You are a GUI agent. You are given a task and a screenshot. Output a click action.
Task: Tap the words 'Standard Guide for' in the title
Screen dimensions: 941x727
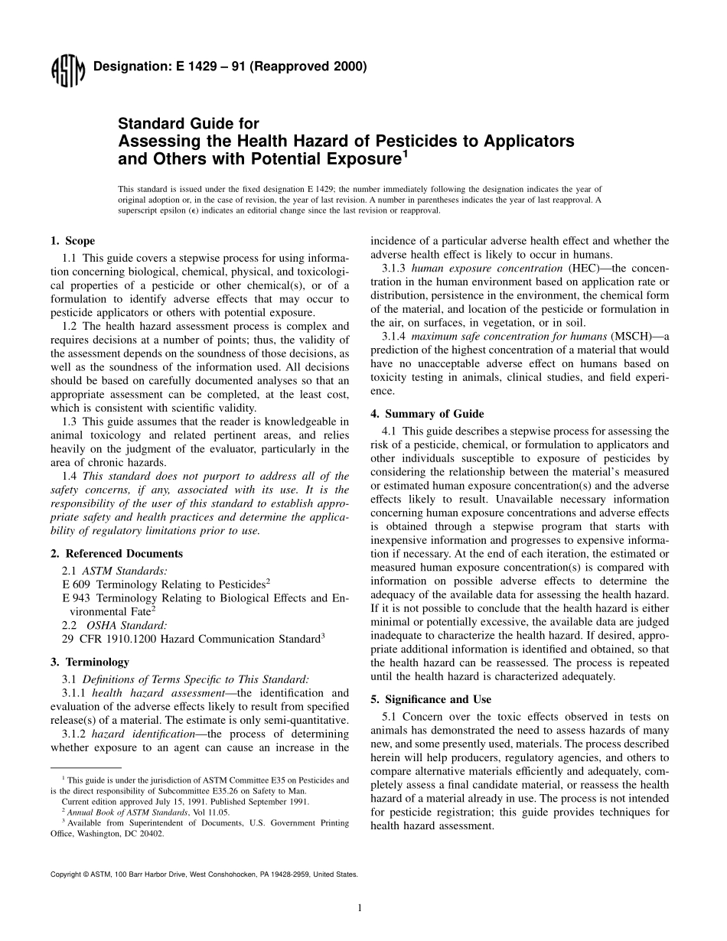pyautogui.click(x=187, y=124)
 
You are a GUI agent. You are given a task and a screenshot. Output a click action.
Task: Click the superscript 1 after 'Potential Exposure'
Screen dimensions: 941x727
pyautogui.click(x=406, y=154)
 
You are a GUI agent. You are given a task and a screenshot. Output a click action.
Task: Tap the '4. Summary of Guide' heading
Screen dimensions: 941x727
pyautogui.click(x=424, y=414)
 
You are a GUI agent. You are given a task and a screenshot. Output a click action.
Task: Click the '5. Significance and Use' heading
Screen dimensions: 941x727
pyautogui.click(x=431, y=699)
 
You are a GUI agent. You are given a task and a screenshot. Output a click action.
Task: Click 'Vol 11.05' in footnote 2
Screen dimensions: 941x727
pyautogui.click(x=210, y=812)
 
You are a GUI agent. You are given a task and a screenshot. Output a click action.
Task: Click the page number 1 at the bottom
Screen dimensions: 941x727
pyautogui.click(x=359, y=908)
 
